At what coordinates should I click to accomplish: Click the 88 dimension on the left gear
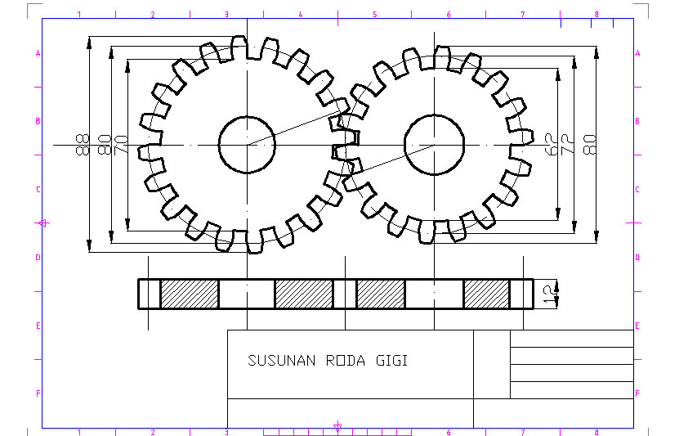82,145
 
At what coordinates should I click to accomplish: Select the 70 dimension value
121,145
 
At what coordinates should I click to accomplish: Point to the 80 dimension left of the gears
103,145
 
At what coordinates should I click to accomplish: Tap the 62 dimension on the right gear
551,145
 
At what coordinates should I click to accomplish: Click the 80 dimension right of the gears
590,145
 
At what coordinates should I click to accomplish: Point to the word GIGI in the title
392,360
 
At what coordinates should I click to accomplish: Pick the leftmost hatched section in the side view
190,294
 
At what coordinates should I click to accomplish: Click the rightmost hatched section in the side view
486,294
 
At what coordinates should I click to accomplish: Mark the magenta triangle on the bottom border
337,425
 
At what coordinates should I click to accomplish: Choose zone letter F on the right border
637,393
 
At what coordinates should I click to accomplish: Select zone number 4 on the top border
301,15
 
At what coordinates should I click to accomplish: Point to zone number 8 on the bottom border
596,432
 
